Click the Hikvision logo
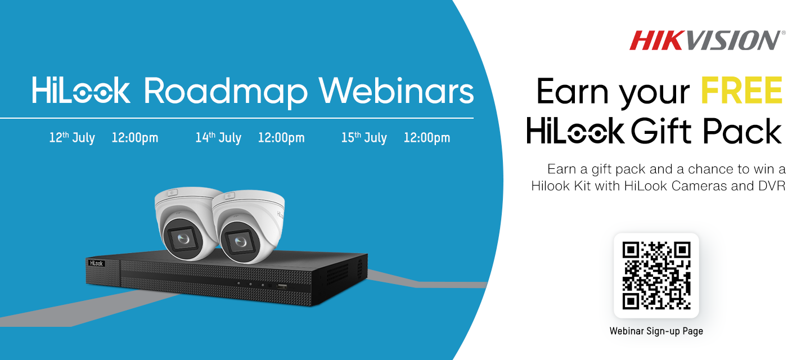(x=707, y=40)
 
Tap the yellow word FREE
(x=741, y=91)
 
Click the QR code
(x=656, y=276)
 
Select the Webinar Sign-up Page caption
(x=656, y=331)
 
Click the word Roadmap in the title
(x=226, y=92)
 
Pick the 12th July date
(x=72, y=137)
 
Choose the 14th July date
(x=218, y=137)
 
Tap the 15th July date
(x=364, y=137)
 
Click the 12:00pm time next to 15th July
(x=427, y=138)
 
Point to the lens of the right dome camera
(x=240, y=241)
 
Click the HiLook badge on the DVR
(x=97, y=263)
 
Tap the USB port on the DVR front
(x=282, y=287)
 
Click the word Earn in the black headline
(x=573, y=91)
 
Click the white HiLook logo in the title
(x=81, y=91)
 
